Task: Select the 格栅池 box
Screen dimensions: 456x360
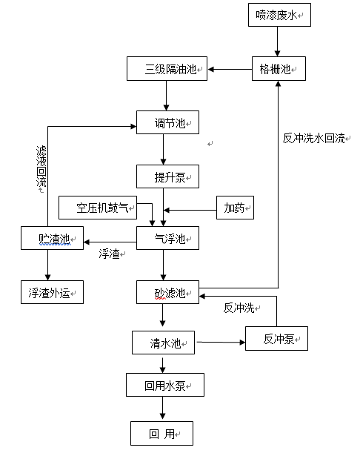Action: [278, 69]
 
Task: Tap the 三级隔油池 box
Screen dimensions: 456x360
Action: [168, 70]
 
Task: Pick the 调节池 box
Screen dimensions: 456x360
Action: [168, 122]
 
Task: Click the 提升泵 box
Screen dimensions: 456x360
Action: [168, 176]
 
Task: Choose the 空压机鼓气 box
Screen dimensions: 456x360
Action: [106, 208]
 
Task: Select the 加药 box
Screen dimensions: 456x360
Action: [235, 208]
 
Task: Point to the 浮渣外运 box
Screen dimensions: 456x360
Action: [52, 292]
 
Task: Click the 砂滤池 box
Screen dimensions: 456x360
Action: [168, 292]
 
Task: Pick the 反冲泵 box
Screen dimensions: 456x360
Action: [276, 339]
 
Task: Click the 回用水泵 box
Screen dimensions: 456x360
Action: [164, 385]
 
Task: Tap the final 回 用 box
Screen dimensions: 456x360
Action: [161, 432]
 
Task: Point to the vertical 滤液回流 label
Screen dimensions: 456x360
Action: [41, 167]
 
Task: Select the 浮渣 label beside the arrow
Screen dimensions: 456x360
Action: [110, 254]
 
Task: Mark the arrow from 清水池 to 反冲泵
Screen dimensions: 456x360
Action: [220, 342]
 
